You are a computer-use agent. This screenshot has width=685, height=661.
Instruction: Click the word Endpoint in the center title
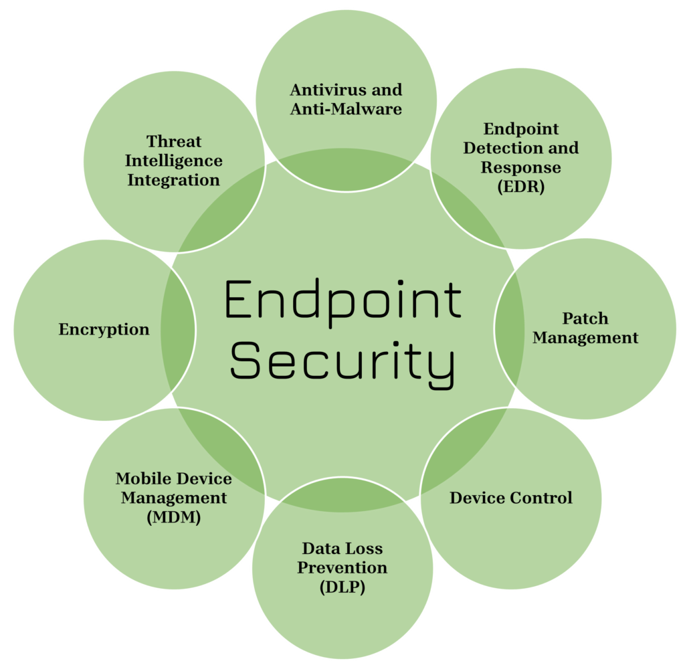(342, 299)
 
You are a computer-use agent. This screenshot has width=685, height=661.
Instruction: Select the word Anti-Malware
(346, 108)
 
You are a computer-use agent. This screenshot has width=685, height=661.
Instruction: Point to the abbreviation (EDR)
(521, 187)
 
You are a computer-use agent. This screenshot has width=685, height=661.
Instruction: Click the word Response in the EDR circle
(520, 167)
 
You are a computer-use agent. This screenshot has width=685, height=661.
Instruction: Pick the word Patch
(585, 318)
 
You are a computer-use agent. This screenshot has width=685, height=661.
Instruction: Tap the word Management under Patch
(585, 338)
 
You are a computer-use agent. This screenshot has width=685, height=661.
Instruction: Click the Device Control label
(511, 498)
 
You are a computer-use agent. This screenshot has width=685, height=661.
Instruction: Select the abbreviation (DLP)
(342, 587)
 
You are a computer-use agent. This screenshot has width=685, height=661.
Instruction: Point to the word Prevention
(342, 568)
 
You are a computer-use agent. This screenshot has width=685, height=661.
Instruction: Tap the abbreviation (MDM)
(173, 517)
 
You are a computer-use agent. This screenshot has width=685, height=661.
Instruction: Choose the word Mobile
(142, 478)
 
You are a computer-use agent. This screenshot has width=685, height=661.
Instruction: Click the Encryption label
(104, 329)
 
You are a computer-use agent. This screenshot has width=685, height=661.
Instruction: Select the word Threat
(174, 141)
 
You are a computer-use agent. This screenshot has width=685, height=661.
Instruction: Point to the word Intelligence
(174, 161)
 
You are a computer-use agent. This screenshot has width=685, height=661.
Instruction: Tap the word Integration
(174, 180)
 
